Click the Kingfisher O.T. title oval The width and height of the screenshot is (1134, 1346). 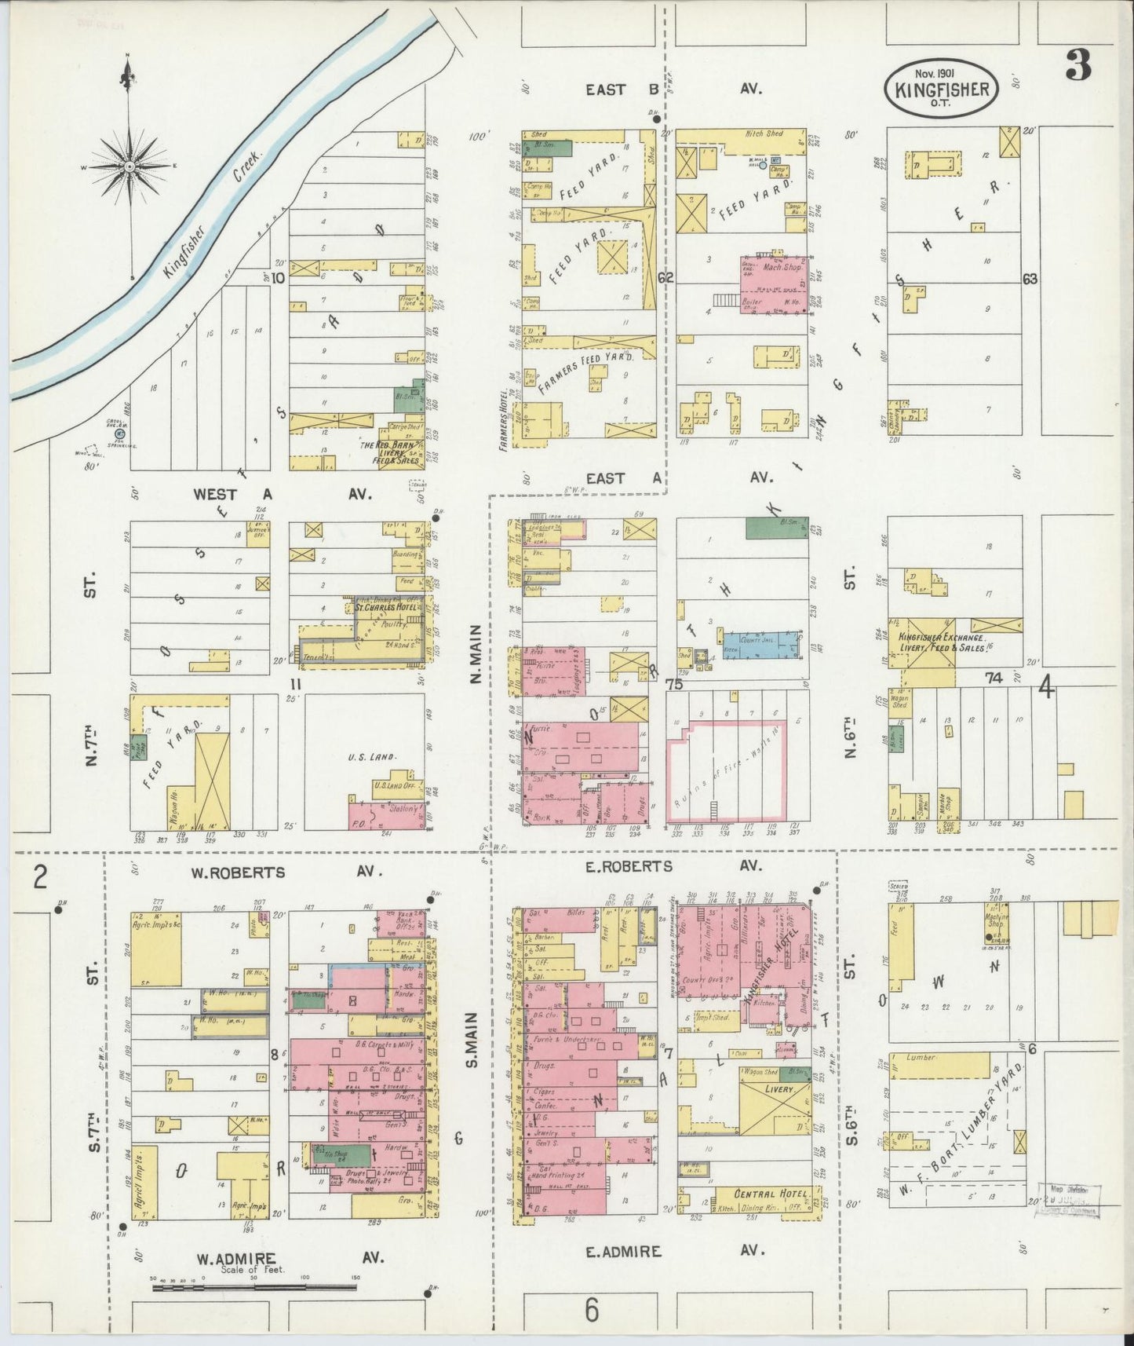pyautogui.click(x=942, y=89)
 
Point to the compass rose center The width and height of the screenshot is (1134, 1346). pyautogui.click(x=128, y=166)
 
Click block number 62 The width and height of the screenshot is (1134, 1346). pyautogui.click(x=666, y=278)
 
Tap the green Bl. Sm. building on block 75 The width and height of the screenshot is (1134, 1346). pyautogui.click(x=776, y=528)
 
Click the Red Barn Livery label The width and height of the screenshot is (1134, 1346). pyautogui.click(x=396, y=450)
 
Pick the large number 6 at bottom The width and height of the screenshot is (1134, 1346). pyautogui.click(x=592, y=1310)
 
